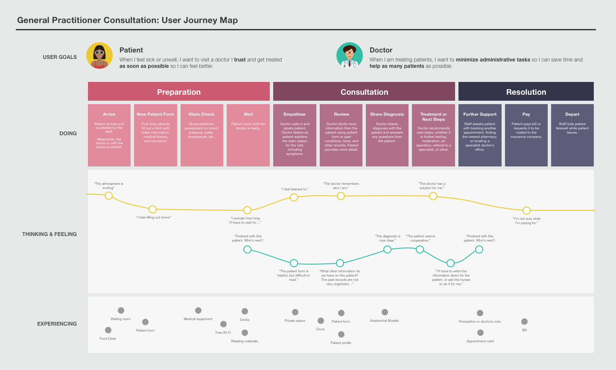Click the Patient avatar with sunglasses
(99, 55)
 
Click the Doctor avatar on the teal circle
(350, 55)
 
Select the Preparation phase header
(179, 91)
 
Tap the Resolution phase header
(526, 91)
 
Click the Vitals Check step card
(201, 135)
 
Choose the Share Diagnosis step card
(387, 135)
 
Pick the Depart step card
(572, 135)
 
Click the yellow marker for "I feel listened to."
(294, 197)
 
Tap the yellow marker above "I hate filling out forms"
(152, 210)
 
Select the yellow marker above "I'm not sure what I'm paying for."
(526, 210)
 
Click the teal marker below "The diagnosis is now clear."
(387, 249)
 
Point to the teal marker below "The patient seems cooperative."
(420, 249)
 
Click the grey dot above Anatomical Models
(385, 312)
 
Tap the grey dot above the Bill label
(524, 322)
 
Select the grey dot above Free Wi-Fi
(224, 324)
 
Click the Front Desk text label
(108, 338)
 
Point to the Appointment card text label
(480, 341)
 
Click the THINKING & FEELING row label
(50, 234)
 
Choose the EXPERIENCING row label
(57, 324)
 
